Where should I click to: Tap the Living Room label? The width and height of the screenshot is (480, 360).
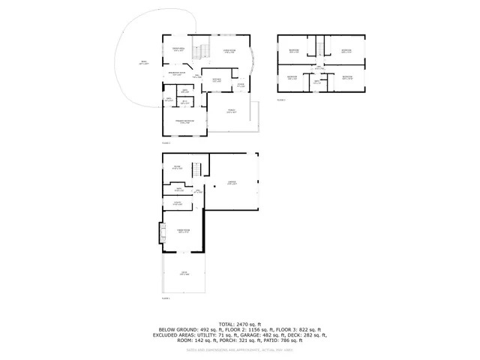[229, 51]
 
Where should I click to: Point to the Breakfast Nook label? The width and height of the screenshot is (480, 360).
[177, 73]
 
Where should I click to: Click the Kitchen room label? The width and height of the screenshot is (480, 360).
[215, 79]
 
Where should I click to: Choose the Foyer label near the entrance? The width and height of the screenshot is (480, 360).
[241, 85]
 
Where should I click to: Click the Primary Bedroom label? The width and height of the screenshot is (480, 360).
[185, 121]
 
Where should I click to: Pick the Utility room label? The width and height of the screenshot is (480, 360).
[178, 202]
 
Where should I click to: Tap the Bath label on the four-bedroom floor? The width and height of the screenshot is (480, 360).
[318, 82]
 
